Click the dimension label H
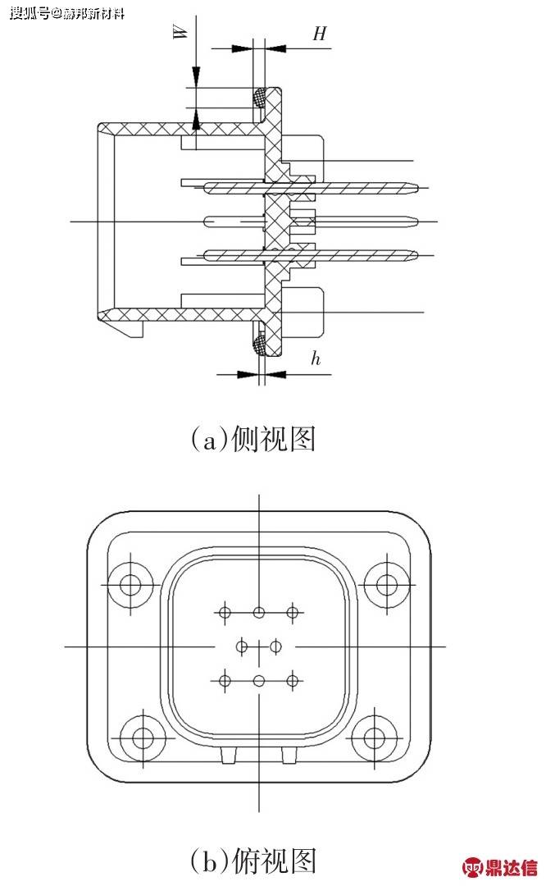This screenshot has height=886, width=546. coord(320,33)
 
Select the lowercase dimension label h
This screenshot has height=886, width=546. coord(315,359)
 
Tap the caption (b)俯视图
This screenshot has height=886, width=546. coord(253,861)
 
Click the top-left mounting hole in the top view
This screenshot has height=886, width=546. coord(131,584)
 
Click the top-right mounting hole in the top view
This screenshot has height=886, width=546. coord(386,584)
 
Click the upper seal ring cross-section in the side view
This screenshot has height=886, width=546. coord(259,97)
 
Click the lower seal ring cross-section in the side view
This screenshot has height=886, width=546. coord(259,343)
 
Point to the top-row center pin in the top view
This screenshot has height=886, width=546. coord(259,612)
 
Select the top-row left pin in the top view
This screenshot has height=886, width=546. coord(225,612)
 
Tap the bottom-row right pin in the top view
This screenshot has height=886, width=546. coord(292,680)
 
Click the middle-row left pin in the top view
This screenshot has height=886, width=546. coord(242,646)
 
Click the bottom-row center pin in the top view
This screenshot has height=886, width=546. coord(259,680)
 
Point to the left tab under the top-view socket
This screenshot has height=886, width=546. coord(228,756)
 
